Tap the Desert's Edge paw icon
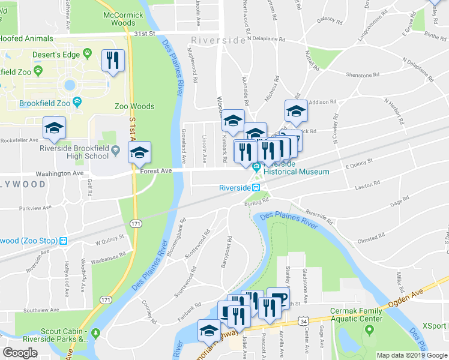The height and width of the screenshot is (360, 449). pyautogui.click(x=88, y=53)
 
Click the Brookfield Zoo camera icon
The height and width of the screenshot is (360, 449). pyautogui.click(x=77, y=103)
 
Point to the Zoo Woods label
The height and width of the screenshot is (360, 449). pyautogui.click(x=134, y=106)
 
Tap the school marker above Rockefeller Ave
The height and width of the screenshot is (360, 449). pyautogui.click(x=54, y=128)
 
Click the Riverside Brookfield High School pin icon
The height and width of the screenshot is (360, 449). pyautogui.click(x=114, y=156)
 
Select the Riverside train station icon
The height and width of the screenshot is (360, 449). pyautogui.click(x=256, y=187)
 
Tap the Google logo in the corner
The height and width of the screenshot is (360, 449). pyautogui.click(x=20, y=352)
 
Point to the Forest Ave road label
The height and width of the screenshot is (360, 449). pyautogui.click(x=157, y=170)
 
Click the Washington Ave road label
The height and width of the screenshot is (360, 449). pyautogui.click(x=59, y=173)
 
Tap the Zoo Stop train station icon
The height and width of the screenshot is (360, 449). pyautogui.click(x=63, y=241)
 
